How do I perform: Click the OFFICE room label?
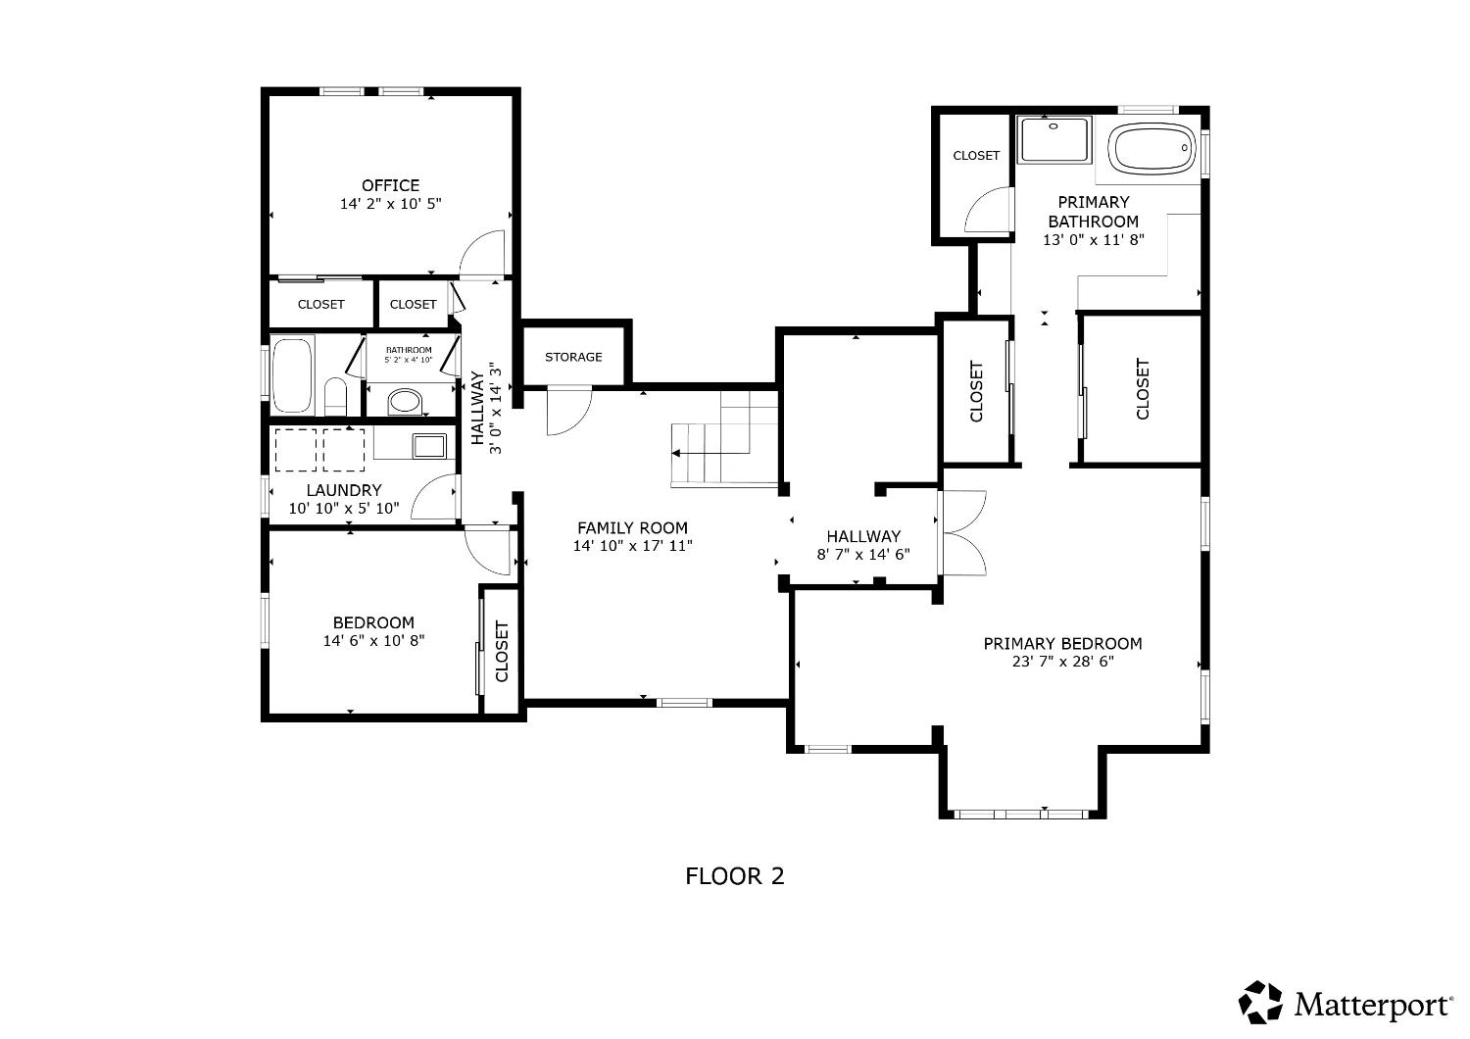(390, 185)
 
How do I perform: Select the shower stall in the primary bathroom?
(1053, 140)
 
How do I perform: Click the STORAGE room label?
(573, 357)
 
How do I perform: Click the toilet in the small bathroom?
(335, 395)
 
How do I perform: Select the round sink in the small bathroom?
(405, 400)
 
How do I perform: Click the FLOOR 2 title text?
(734, 875)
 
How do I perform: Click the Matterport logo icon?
(1260, 1003)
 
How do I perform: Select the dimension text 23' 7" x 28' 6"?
(1062, 662)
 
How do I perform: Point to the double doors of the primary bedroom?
(962, 533)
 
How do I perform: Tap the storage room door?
(568, 410)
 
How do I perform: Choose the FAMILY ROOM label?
(632, 527)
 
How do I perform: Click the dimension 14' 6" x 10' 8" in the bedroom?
(373, 641)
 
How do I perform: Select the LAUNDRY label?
(343, 490)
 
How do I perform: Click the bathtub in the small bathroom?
(292, 374)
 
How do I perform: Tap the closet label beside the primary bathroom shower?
(976, 155)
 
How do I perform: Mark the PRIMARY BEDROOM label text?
(1062, 643)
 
